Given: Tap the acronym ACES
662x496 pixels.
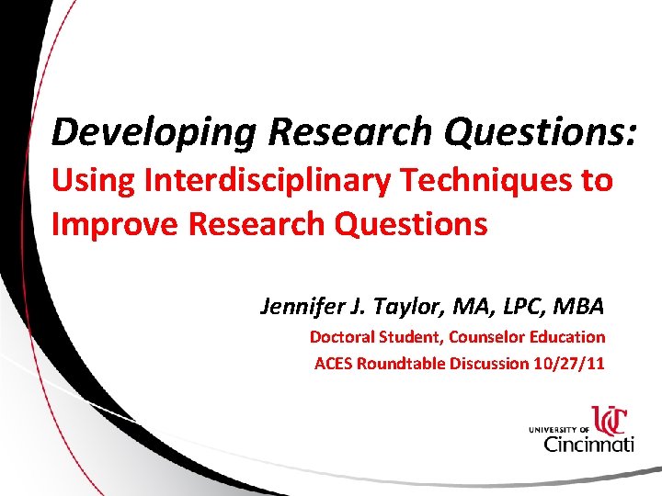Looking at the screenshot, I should pyautogui.click(x=334, y=363).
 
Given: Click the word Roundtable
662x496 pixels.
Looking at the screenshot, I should pyautogui.click(x=402, y=363).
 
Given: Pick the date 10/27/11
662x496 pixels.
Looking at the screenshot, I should pyautogui.click(x=568, y=363).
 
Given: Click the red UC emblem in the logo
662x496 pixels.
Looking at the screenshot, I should pyautogui.click(x=609, y=420).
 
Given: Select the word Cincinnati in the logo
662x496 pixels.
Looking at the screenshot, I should pyautogui.click(x=589, y=444).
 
